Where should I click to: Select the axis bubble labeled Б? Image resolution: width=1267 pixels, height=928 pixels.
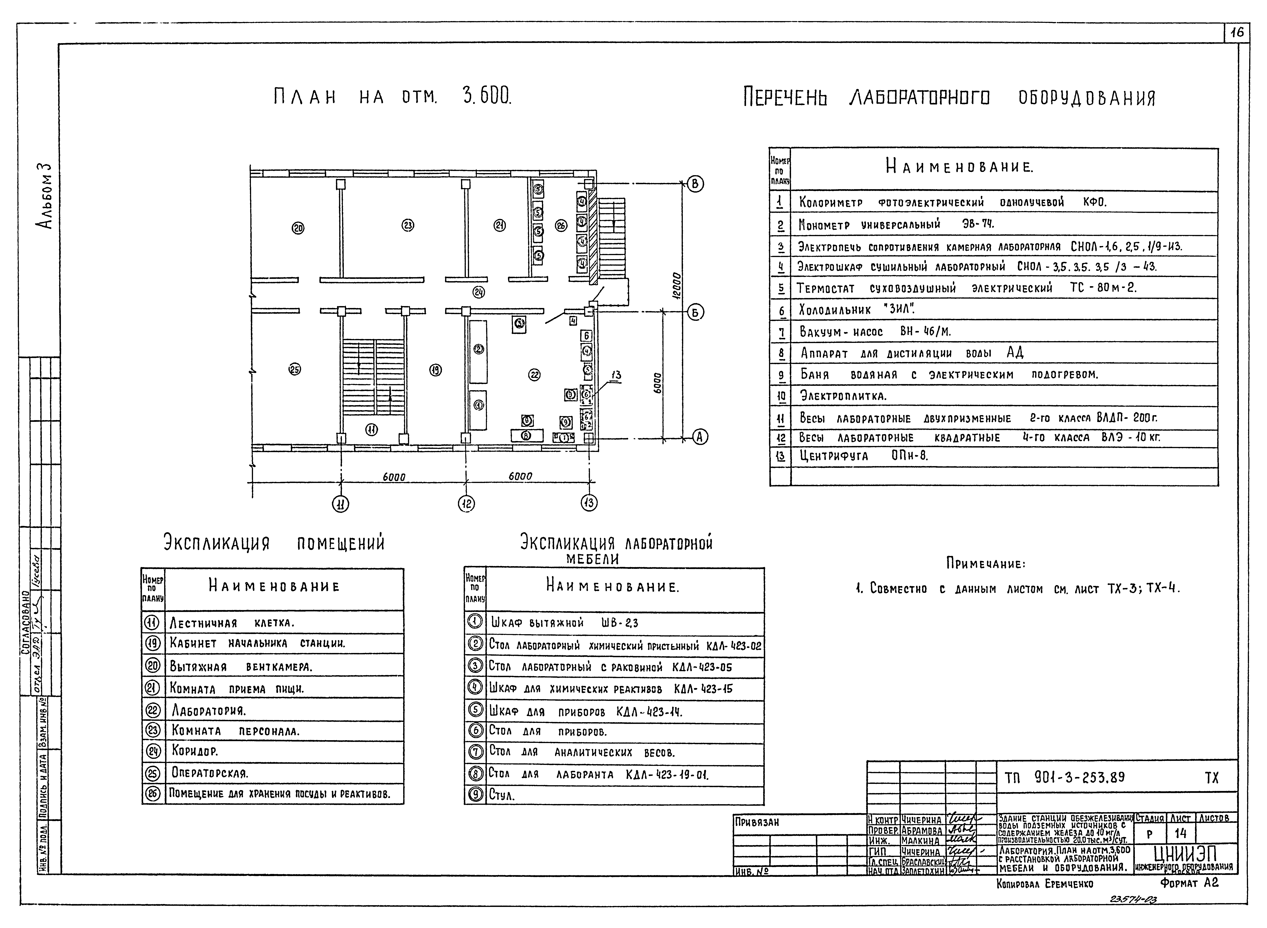click(x=695, y=312)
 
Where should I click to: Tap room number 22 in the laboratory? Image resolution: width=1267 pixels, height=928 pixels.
click(x=534, y=375)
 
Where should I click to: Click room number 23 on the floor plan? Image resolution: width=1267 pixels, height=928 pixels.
click(x=408, y=225)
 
